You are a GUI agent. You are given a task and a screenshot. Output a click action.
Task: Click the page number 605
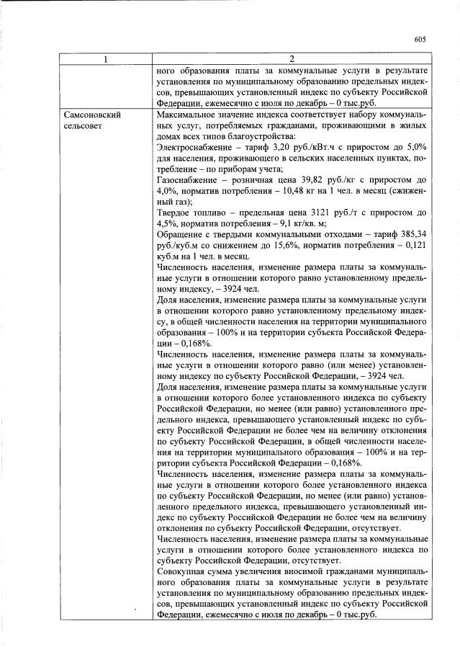click(x=421, y=40)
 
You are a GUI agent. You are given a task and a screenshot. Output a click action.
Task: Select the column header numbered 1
click(x=107, y=58)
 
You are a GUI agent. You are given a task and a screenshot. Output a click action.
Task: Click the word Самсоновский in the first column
click(x=92, y=115)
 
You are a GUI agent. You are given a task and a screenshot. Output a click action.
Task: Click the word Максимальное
click(x=189, y=115)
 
